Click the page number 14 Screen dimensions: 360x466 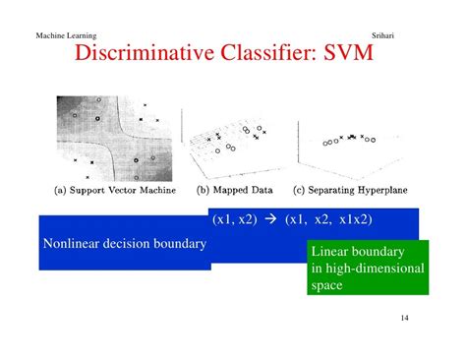tap(408, 320)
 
